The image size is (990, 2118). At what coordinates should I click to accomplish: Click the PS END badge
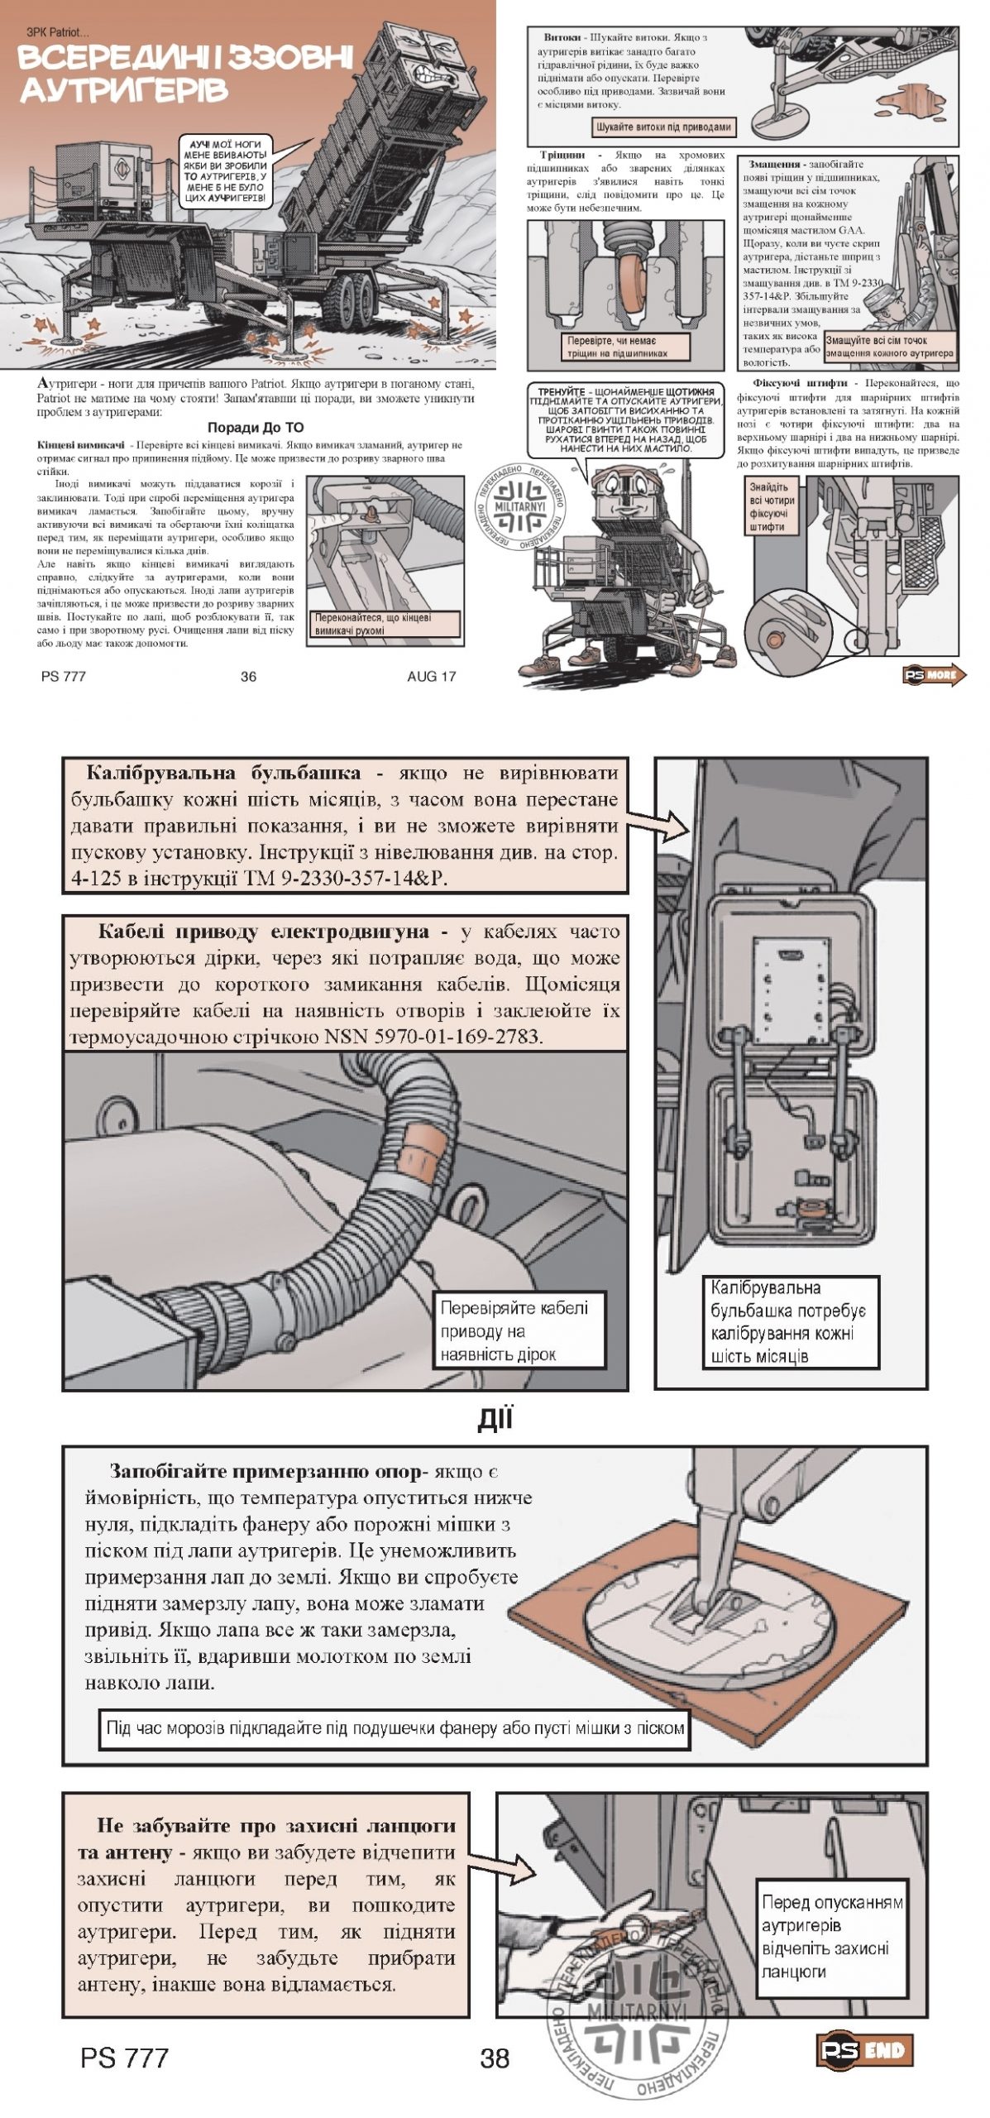[x=863, y=2049]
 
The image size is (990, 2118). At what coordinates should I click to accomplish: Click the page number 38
[x=495, y=2058]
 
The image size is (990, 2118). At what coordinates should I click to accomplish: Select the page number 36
[x=248, y=676]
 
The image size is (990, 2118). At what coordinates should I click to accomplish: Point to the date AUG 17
[x=431, y=676]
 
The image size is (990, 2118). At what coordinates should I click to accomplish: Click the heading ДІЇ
[x=495, y=1421]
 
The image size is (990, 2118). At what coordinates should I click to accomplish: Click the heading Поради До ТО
[x=255, y=428]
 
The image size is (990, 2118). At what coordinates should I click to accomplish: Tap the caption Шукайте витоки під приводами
[x=663, y=127]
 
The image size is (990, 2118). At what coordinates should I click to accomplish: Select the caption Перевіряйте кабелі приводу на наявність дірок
[x=514, y=1331]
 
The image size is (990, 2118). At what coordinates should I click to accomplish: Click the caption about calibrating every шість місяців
[x=788, y=1321]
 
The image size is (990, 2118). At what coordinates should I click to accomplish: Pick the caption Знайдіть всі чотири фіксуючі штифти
[x=772, y=506]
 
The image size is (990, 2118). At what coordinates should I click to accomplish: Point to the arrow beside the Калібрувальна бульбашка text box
[x=659, y=823]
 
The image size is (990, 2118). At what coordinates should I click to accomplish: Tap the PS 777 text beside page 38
[x=124, y=2058]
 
